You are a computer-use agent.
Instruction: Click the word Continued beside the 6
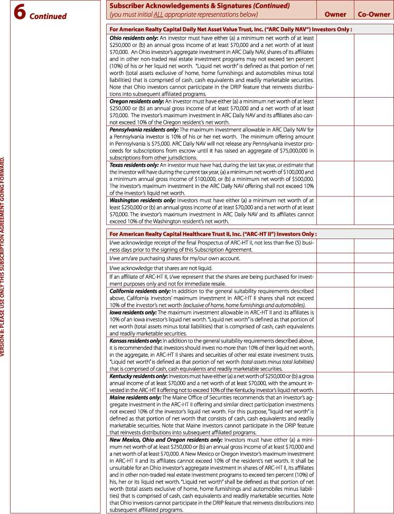(48, 16)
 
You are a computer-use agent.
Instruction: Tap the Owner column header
(335, 14)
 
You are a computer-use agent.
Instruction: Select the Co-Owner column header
(374, 14)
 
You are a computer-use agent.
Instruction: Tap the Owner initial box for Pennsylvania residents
(335, 144)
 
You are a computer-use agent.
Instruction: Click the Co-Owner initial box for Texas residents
(374, 179)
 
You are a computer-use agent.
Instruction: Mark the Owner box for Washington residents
(335, 211)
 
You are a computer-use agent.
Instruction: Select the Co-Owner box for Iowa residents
(374, 323)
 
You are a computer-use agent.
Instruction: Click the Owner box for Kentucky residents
(335, 383)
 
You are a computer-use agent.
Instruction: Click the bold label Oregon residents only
(137, 100)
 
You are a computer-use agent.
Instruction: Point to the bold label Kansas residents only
(135, 341)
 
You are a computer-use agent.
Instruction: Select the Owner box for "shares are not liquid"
(335, 268)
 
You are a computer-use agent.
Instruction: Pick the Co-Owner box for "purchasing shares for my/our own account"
(374, 259)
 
